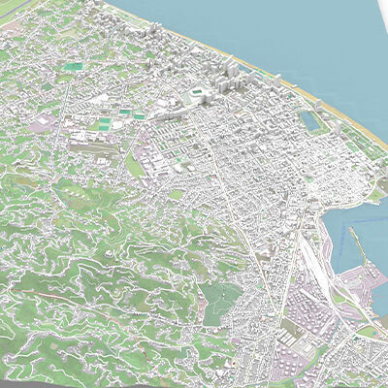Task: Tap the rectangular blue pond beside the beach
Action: pos(310,121)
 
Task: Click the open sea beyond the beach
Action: pos(291,39)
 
